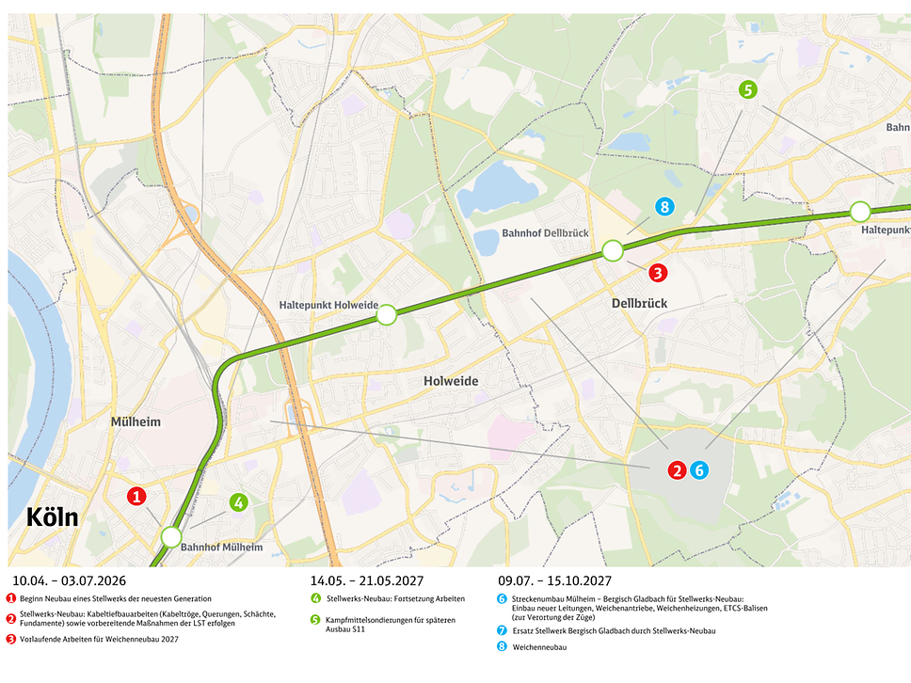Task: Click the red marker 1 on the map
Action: pos(136,496)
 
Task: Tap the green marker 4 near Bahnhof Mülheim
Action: pos(239,502)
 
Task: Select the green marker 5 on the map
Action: pos(747,90)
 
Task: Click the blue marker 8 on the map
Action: pos(664,207)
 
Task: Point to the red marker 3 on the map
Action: pos(658,273)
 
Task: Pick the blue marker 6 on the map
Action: pos(697,469)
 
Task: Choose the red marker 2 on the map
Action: pos(676,469)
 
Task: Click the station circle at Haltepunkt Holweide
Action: pos(386,315)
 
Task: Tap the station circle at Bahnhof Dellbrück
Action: pos(613,250)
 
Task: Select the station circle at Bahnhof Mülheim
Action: pos(170,537)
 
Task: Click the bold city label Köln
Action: pos(53,518)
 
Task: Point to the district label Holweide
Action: pos(451,381)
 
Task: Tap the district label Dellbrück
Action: pos(639,304)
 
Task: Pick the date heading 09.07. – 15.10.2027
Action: pos(555,580)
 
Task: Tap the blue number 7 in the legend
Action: pos(501,629)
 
